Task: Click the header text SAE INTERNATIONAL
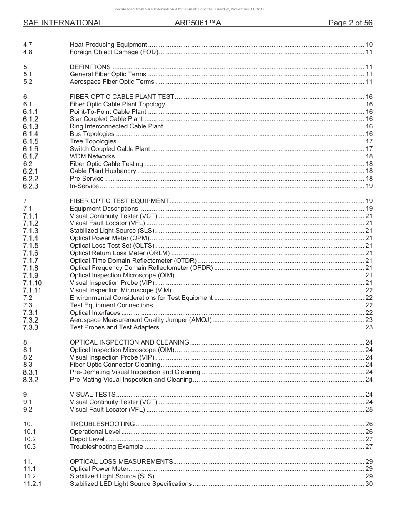point(63,23)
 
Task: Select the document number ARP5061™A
point(198,23)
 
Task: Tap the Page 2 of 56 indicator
point(350,23)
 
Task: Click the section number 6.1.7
point(30,156)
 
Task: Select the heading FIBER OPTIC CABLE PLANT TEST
point(122,97)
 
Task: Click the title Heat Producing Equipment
point(108,45)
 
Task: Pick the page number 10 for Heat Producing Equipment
point(369,45)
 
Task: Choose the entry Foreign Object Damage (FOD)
point(114,52)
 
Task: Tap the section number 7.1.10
point(32,283)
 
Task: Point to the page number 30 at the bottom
point(369,484)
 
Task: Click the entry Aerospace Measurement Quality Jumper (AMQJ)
point(140,320)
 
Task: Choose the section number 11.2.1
point(32,484)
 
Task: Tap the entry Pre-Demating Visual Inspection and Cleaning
point(135,372)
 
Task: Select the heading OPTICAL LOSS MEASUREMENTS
point(121,461)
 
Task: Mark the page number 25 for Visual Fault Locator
point(369,410)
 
